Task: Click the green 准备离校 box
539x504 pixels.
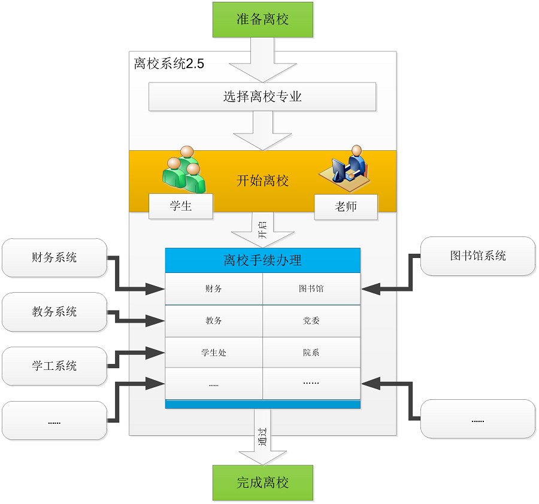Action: click(263, 20)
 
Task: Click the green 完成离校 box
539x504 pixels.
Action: click(263, 482)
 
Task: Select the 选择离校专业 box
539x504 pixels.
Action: click(262, 96)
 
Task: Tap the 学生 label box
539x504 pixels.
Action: click(181, 206)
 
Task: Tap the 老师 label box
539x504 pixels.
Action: click(346, 207)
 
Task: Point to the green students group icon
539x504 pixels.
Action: click(184, 169)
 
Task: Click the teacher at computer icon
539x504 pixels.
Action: click(345, 168)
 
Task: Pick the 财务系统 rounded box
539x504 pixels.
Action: click(54, 257)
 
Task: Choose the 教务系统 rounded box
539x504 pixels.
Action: click(54, 312)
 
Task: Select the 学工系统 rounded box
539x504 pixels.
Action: click(54, 366)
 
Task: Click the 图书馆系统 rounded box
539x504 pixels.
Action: click(478, 256)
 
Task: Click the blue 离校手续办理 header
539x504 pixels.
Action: click(263, 260)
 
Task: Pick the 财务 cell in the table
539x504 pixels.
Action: click(214, 289)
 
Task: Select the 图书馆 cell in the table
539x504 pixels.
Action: click(311, 289)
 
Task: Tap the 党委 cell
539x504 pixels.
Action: click(311, 321)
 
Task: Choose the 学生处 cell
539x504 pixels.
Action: click(214, 353)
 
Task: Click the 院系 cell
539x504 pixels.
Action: click(311, 353)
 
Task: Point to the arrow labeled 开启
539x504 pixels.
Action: click(263, 230)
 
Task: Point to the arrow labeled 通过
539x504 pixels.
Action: click(263, 437)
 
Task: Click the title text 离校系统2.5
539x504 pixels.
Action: click(169, 64)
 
